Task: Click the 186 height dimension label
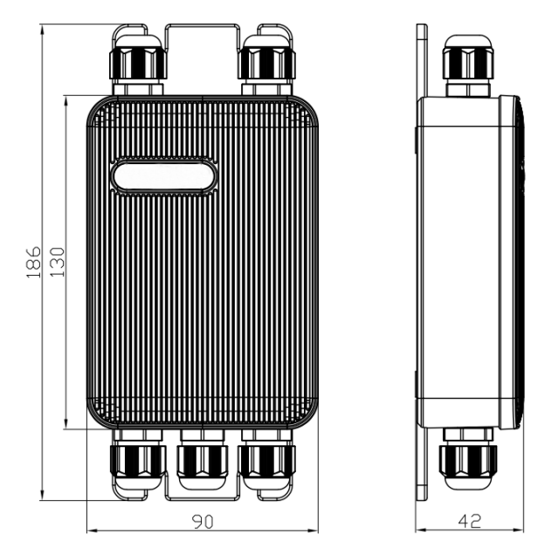tap(33, 263)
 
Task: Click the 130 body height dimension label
tap(57, 263)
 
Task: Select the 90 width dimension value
tap(203, 521)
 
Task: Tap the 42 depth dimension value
tap(470, 521)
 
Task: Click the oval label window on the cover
tap(164, 176)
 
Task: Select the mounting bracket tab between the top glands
tap(203, 52)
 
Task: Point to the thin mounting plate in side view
tap(420, 262)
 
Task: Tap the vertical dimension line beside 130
tap(66, 349)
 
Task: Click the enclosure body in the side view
tap(459, 262)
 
